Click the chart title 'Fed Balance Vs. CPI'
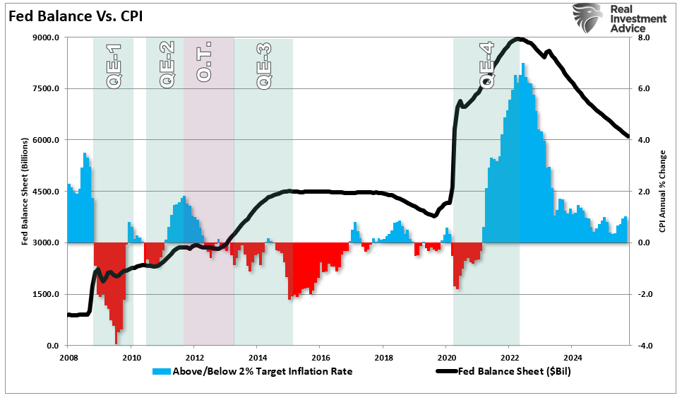76,16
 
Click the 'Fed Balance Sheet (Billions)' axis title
25,192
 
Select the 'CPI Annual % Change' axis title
662,192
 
